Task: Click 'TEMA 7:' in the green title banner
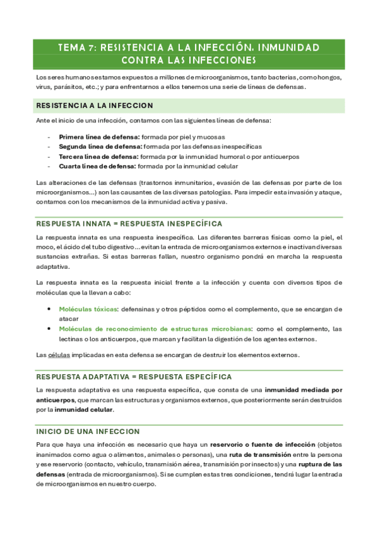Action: coord(76,47)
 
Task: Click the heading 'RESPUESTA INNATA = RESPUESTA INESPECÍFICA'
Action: coord(129,224)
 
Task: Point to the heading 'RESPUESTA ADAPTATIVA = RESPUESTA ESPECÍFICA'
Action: coord(134,377)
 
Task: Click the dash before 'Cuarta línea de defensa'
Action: coord(49,167)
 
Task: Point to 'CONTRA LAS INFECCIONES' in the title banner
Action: coord(189,61)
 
